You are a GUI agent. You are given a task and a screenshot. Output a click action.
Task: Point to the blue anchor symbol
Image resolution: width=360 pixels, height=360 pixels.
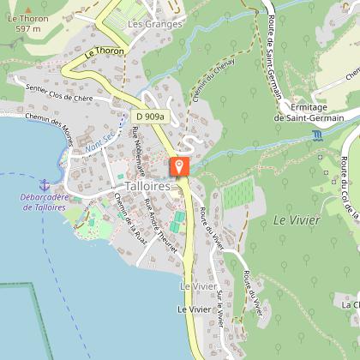pyautogui.click(x=45, y=183)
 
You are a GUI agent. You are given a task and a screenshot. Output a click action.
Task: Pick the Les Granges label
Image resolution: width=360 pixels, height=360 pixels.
pyautogui.click(x=155, y=24)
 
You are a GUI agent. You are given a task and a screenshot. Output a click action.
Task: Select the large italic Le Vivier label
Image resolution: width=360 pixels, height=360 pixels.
pyautogui.click(x=297, y=220)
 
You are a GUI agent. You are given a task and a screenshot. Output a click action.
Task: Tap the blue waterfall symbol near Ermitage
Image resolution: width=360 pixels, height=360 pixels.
pyautogui.click(x=319, y=135)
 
